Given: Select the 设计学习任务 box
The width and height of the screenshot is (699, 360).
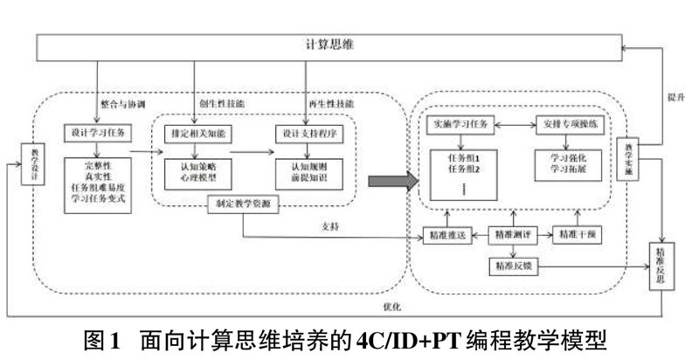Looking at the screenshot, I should pos(96,133).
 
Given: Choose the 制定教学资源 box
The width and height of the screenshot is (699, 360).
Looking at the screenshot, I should pos(239,206).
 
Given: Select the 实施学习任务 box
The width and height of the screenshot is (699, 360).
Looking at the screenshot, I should pos(463,125).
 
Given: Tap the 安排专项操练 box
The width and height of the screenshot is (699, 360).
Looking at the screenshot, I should pos(570,125).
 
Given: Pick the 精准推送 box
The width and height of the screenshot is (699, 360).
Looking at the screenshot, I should pos(447,235).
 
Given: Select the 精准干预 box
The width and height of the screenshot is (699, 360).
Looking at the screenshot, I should pos(578,235).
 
